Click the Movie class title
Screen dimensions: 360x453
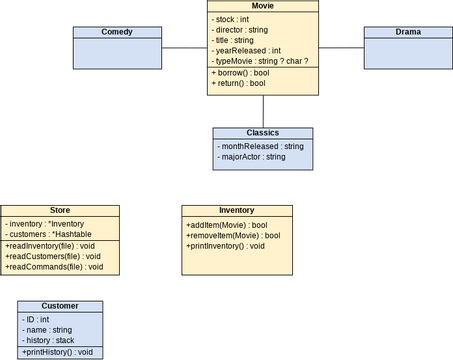(263, 6)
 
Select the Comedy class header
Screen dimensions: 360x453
(116, 32)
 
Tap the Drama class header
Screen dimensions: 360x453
(407, 32)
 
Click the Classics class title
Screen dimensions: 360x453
(262, 132)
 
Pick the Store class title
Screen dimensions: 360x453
(60, 210)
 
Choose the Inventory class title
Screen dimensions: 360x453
(236, 210)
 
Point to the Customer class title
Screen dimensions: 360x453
(60, 305)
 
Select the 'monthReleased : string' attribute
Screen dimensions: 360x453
(261, 145)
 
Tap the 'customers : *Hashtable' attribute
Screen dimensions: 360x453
(49, 234)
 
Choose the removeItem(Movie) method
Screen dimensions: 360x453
(232, 235)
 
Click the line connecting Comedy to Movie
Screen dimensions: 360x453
(184, 47)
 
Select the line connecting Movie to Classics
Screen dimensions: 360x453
(263, 110)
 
